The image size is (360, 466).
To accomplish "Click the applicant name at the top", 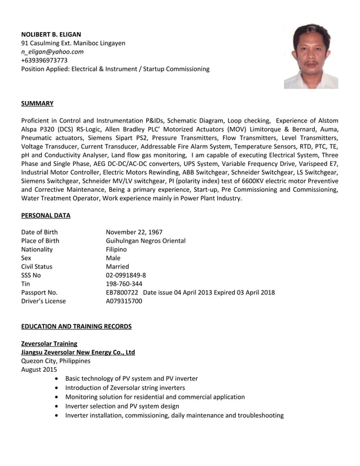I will click(51, 34).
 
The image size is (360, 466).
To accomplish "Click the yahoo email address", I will click(52, 51).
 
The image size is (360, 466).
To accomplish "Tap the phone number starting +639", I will click(45, 60).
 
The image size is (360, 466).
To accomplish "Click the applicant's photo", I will click(311, 56).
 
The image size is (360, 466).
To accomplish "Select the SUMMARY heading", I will click(37, 103).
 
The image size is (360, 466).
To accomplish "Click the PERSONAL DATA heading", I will click(46, 215).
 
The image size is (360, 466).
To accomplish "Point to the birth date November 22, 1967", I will click(134, 232).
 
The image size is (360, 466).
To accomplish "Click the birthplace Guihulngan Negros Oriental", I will click(146, 240).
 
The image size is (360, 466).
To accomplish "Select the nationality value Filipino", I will click(116, 249).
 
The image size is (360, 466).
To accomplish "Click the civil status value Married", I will click(117, 266).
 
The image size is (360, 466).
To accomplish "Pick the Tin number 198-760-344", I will click(124, 284).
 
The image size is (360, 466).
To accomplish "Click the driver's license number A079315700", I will click(124, 301).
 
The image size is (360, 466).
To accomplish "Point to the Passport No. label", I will click(39, 292).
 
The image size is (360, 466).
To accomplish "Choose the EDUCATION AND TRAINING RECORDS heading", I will click(76, 326).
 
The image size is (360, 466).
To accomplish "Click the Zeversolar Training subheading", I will click(49, 344).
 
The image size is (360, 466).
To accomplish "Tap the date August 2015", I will click(39, 370).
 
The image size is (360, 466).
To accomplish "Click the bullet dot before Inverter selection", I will click(57, 406).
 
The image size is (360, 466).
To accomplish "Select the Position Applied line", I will click(115, 69).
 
